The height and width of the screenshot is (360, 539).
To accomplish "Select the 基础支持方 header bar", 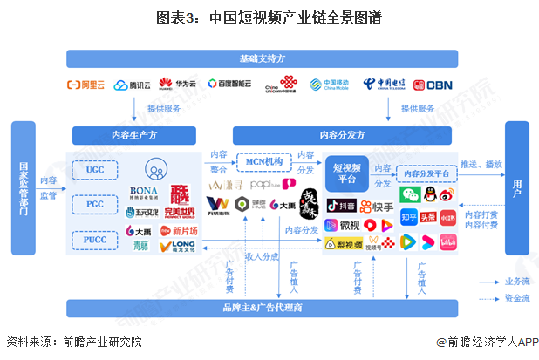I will tap(261, 58).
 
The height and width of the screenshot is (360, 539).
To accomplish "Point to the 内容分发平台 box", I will tap(426, 173).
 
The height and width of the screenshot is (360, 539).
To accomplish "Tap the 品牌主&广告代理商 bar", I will tap(261, 308).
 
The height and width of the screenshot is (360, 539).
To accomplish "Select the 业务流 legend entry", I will tap(501, 282).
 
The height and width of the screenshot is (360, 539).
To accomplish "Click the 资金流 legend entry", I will tap(501, 299).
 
